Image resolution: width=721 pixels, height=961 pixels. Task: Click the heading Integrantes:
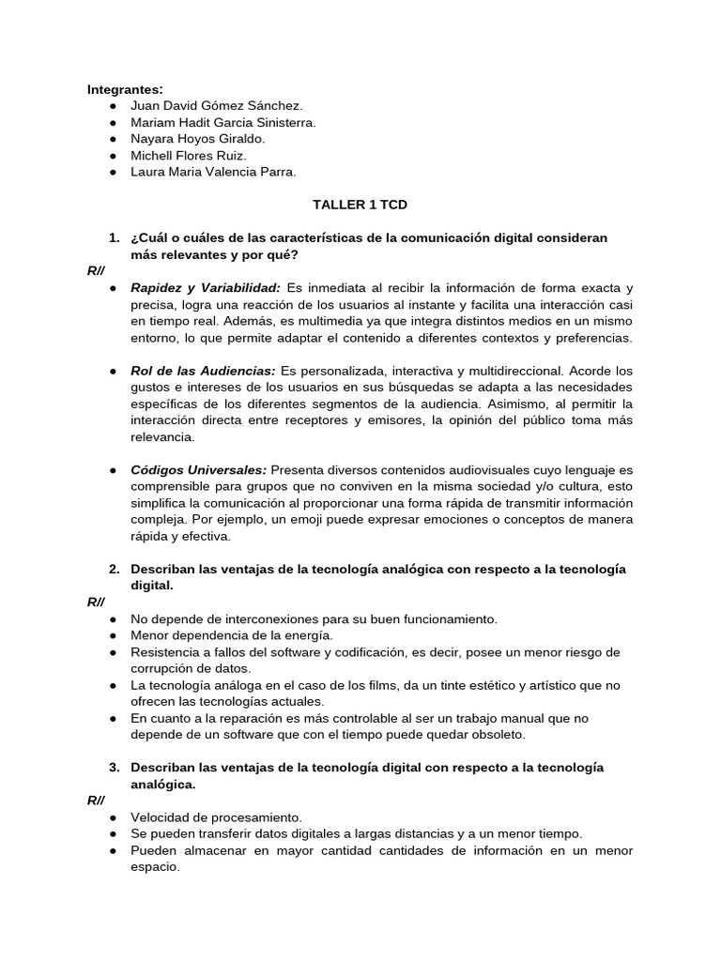(125, 89)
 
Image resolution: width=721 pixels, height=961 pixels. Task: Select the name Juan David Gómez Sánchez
(216, 106)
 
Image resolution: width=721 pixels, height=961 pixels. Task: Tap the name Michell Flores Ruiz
(189, 155)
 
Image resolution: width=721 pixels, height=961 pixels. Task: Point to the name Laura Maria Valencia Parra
(213, 172)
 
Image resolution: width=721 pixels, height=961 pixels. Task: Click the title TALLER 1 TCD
(360, 204)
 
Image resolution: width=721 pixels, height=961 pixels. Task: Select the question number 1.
(114, 237)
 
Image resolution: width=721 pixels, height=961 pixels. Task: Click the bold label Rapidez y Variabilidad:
(206, 287)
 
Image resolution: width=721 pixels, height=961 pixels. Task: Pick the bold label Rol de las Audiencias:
(203, 370)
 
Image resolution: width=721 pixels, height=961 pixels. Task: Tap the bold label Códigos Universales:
(199, 469)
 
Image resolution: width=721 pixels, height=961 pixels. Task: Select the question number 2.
(114, 569)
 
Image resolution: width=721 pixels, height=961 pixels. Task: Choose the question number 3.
(114, 768)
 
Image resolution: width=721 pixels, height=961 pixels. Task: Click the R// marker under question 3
(96, 800)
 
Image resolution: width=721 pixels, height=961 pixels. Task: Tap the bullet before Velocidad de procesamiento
(113, 817)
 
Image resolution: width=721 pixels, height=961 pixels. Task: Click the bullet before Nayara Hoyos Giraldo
(113, 139)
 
